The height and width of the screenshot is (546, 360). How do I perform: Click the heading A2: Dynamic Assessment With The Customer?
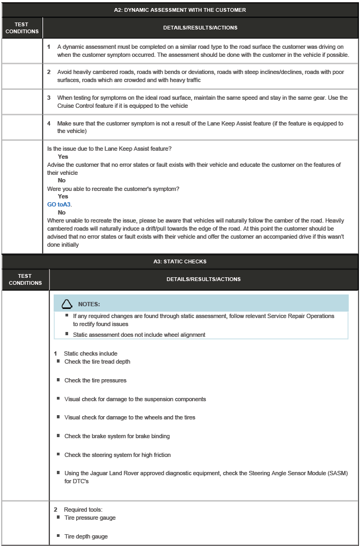180,10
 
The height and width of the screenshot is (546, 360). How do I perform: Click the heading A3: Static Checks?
180,262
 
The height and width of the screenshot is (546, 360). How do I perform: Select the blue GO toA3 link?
60,204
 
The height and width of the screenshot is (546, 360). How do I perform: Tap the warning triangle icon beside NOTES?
67,304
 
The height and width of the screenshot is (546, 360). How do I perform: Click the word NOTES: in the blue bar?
89,304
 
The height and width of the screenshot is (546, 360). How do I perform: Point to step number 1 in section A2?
49,47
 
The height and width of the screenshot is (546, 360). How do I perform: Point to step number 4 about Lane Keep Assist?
49,123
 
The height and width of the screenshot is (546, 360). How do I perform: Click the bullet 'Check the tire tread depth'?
97,361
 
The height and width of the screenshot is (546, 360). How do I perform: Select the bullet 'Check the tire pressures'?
95,380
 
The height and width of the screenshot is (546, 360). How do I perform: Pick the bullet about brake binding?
117,436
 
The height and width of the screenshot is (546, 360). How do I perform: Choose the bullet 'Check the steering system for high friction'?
117,455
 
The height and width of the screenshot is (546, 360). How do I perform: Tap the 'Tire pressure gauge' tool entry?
90,518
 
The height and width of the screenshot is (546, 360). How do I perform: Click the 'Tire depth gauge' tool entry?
86,536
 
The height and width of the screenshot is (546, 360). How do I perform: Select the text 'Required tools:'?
83,510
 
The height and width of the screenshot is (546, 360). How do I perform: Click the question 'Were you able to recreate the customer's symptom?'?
113,189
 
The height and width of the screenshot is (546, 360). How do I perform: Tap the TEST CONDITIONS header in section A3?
25,279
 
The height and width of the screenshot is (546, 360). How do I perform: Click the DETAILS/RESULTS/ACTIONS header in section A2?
200,27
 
